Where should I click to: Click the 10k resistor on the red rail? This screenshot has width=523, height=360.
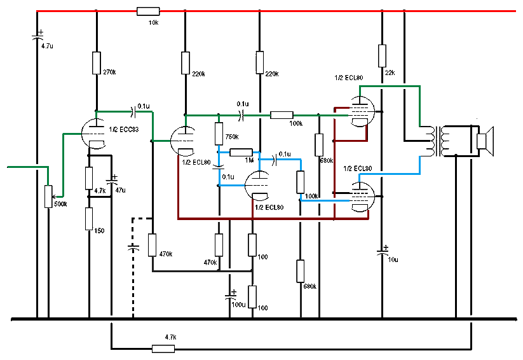pos(148,11)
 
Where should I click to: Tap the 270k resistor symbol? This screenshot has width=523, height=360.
pos(96,63)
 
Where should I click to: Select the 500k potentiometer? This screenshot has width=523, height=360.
pos(48,196)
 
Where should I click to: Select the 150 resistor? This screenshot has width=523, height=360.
pos(89,219)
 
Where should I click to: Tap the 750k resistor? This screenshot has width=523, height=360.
pos(219,134)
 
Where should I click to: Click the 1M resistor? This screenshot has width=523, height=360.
pos(241,152)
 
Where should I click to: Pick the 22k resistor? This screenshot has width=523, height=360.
pos(382,55)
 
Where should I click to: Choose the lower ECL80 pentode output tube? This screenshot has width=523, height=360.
pos(361,191)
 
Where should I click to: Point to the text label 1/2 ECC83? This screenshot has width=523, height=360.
pos(124,129)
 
